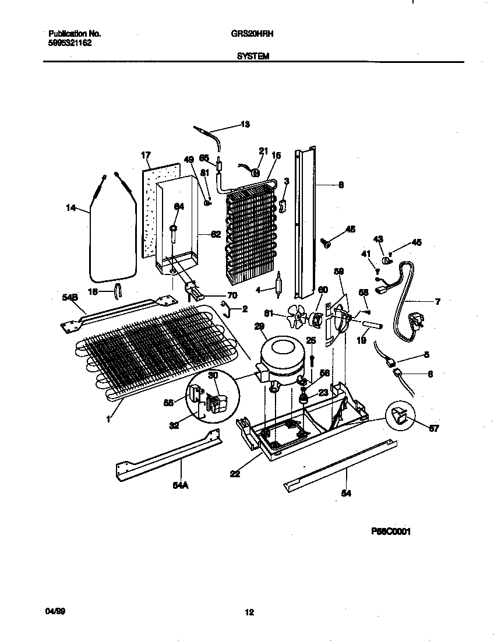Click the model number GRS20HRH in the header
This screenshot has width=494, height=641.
249,34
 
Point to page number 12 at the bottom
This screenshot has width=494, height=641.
249,612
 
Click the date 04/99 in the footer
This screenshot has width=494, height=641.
53,611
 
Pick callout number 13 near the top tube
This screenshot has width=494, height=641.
245,124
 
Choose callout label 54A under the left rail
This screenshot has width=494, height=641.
179,482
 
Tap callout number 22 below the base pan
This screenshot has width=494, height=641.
235,474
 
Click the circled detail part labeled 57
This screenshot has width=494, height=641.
401,417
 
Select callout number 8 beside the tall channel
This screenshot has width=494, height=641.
341,185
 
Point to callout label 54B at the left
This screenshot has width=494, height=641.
69,298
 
